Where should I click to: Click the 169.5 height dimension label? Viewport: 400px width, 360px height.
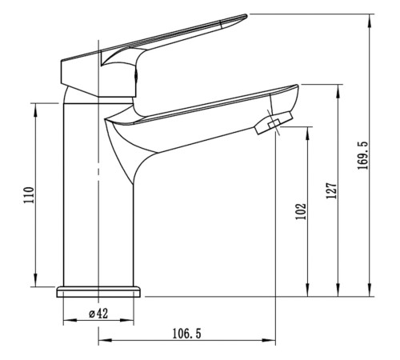[362, 155]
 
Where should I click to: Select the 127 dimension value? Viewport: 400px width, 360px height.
[332, 190]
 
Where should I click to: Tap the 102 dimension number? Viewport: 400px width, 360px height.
[301, 211]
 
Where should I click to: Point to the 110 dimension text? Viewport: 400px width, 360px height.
[29, 195]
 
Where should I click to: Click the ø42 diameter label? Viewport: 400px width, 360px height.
[98, 314]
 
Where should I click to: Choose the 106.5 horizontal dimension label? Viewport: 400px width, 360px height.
[186, 334]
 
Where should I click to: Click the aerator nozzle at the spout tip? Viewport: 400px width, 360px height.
[274, 123]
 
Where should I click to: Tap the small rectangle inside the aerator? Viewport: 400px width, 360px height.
[274, 123]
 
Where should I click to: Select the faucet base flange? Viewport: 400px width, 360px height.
[98, 292]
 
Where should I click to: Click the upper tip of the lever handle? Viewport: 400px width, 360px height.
[246, 15]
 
